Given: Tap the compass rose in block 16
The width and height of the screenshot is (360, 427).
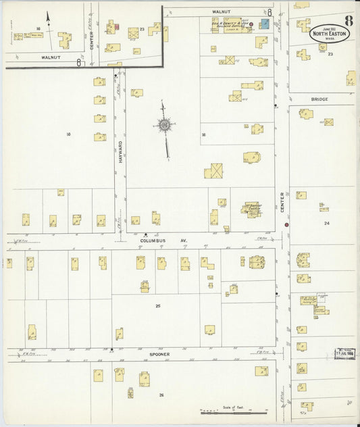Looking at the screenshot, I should point(164,124).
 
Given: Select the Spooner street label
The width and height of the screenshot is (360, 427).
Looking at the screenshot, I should point(160,354).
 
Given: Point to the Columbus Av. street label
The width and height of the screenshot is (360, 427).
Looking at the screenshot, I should point(159,241).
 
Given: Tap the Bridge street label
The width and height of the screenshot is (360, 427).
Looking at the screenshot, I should point(319,99).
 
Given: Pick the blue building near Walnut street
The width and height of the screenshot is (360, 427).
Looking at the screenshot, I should point(265,24).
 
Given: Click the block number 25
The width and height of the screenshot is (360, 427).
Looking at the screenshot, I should point(158,306).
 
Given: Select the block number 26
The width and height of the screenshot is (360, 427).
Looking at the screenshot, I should point(161,395).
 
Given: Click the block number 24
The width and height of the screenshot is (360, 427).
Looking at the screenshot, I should point(326,223).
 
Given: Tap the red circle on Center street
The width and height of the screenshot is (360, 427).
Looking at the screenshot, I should point(286,224).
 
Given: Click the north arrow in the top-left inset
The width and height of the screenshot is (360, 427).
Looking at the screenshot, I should point(48,18).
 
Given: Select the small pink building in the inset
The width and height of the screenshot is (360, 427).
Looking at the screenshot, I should point(117,27).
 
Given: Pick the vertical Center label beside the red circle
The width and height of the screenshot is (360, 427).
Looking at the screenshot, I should point(282,201).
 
